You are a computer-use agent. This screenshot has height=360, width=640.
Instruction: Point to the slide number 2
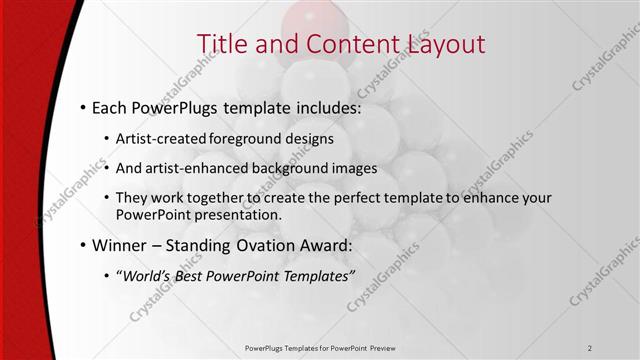click(590, 347)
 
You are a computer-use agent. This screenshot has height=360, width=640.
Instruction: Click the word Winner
click(118, 244)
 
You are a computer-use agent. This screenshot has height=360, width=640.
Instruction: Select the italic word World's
click(146, 275)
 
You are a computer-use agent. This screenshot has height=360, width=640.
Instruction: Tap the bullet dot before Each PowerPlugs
click(81, 106)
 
